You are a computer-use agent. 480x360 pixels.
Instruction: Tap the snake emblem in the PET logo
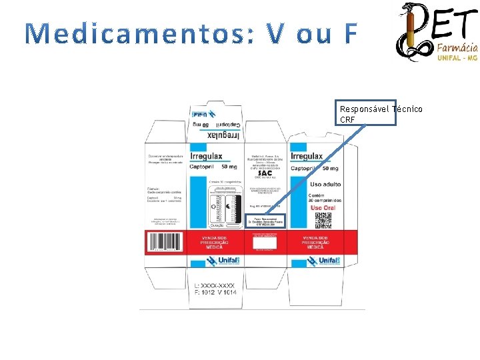click(x=412, y=31)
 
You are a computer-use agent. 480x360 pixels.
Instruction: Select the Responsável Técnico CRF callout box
click(x=367, y=113)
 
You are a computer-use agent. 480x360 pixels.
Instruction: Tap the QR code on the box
click(x=323, y=218)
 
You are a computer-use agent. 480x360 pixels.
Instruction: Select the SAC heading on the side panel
click(x=265, y=173)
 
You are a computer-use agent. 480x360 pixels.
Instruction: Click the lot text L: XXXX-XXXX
click(x=214, y=285)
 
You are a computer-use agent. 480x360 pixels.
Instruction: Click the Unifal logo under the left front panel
click(x=215, y=262)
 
